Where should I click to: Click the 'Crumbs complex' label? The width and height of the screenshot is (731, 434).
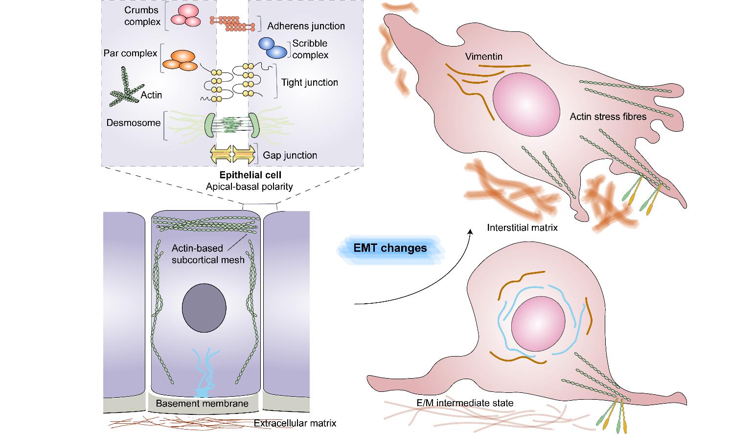142,16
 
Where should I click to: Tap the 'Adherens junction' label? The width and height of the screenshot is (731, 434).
306,26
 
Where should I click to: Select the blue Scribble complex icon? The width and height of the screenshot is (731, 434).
273,48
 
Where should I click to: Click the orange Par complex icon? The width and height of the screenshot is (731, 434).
179,60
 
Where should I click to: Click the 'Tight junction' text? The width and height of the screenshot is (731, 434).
309,82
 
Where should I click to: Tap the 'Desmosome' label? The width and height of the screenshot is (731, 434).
133,122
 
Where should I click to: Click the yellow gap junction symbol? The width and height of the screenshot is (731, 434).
233,154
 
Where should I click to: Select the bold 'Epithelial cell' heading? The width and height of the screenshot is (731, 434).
251,175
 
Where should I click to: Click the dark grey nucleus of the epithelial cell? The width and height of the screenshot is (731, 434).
204,308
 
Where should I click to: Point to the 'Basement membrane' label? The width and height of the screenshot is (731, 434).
202,404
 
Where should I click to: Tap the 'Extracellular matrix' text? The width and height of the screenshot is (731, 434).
296,423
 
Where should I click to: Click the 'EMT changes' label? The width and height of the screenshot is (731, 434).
390,248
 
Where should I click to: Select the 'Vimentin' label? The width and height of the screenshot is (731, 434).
483,56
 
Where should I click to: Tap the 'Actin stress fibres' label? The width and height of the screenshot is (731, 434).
608,117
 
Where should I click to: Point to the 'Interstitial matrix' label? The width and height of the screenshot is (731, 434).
522,227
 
